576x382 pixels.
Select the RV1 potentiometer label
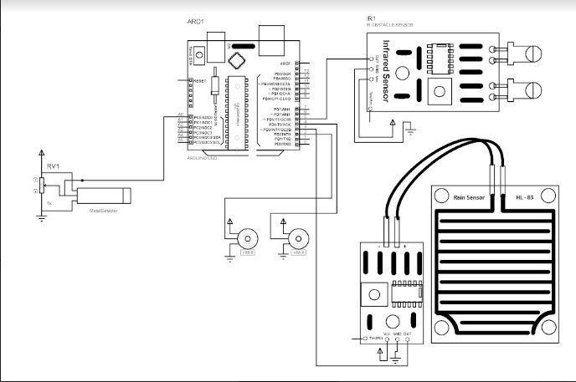[53, 166]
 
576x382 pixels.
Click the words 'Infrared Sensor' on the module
[385, 70]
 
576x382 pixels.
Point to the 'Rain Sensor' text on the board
[469, 197]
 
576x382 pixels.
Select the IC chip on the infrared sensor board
[437, 56]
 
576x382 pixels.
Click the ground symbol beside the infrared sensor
[409, 128]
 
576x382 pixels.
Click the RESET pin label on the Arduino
[199, 81]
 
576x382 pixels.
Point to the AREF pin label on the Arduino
[285, 64]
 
